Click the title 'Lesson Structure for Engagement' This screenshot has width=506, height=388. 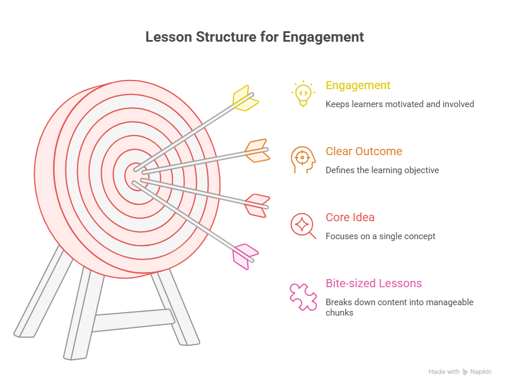[255, 37]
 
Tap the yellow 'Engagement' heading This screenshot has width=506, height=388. [358, 86]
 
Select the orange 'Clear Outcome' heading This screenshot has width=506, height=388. [364, 152]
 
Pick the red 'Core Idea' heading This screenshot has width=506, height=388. [350, 218]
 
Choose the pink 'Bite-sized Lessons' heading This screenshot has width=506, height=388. [373, 284]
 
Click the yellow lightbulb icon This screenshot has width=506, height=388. [303, 94]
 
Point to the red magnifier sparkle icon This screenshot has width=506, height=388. [303, 226]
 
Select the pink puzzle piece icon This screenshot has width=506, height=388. [303, 296]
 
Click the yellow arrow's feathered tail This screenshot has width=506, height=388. [245, 98]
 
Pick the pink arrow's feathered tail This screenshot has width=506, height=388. [244, 256]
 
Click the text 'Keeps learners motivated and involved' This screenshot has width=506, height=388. [399, 104]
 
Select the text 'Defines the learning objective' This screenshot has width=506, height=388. [382, 170]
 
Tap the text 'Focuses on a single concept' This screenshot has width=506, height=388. [380, 236]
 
